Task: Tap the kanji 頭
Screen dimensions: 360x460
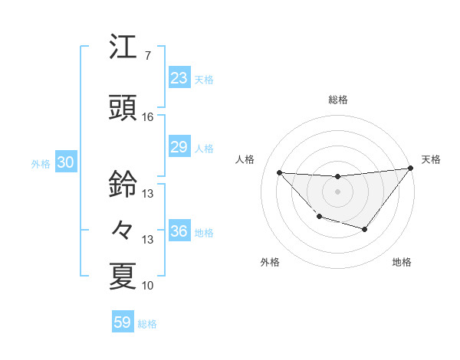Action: click(123, 108)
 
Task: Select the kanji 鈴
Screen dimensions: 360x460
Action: click(123, 184)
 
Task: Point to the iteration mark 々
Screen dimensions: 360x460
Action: click(123, 228)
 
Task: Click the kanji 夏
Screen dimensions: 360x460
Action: click(123, 275)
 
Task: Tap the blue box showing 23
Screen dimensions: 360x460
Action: click(179, 78)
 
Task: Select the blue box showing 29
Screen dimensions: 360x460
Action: click(179, 147)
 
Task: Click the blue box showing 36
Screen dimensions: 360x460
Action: click(179, 232)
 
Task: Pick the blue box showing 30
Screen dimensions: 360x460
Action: click(65, 163)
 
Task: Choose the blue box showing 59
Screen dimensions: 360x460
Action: click(123, 322)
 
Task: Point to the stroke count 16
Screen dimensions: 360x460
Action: click(147, 117)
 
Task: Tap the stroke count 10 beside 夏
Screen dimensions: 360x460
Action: click(147, 286)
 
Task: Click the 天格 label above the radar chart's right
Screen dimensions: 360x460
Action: click(431, 159)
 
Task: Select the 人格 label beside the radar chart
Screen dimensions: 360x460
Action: click(246, 159)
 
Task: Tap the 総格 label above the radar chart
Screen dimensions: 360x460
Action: click(338, 100)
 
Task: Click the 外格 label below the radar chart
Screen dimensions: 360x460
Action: click(270, 262)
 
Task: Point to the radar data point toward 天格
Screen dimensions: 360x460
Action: click(411, 169)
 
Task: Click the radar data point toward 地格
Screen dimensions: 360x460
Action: click(365, 229)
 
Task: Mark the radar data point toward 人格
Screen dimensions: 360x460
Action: click(279, 172)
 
